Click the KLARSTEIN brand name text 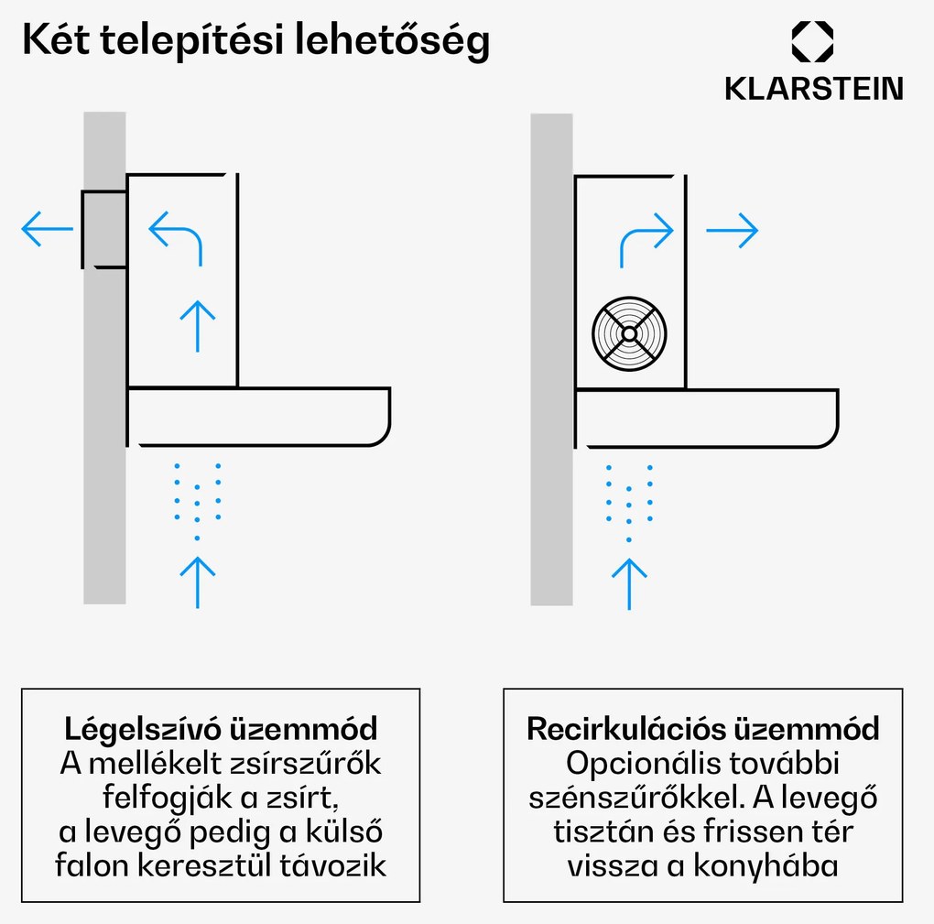[813, 89]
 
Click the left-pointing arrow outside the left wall [46, 229]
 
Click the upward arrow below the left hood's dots [197, 580]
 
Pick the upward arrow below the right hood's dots [628, 582]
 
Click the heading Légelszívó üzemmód [221, 730]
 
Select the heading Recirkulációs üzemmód [702, 729]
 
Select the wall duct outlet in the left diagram [103, 229]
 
